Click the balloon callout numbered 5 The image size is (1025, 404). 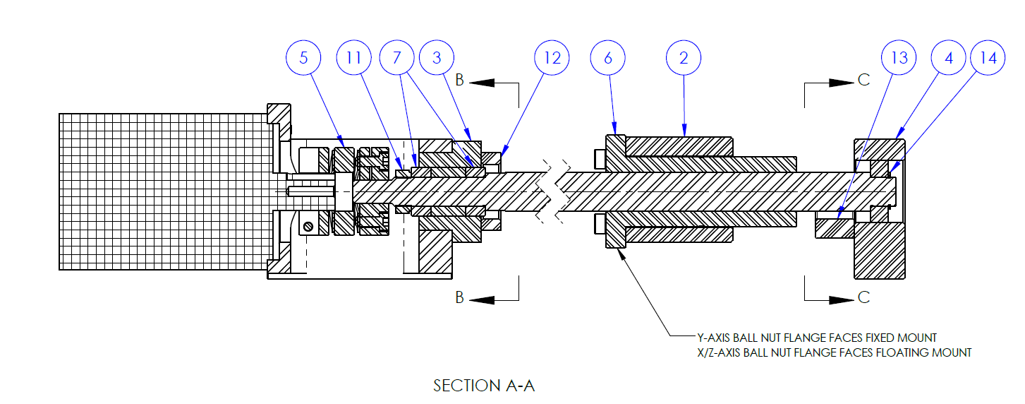pyautogui.click(x=303, y=58)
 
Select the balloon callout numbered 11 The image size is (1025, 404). pyautogui.click(x=354, y=58)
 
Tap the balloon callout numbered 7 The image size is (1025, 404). pyautogui.click(x=396, y=58)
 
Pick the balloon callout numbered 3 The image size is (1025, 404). pyautogui.click(x=437, y=58)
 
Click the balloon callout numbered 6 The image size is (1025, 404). pyautogui.click(x=608, y=58)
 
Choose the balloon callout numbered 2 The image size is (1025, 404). pyautogui.click(x=683, y=58)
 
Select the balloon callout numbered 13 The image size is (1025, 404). pyautogui.click(x=899, y=58)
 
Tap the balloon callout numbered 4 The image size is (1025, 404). pyautogui.click(x=949, y=58)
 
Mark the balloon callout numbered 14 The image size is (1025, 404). pyautogui.click(x=988, y=58)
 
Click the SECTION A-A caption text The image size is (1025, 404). pyautogui.click(x=484, y=386)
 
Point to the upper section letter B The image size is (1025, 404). pyautogui.click(x=459, y=81)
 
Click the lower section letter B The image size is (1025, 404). pyautogui.click(x=459, y=298)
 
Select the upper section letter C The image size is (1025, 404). pyautogui.click(x=864, y=81)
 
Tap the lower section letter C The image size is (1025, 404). pyautogui.click(x=864, y=298)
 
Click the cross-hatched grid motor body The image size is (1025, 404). pyautogui.click(x=166, y=191)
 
